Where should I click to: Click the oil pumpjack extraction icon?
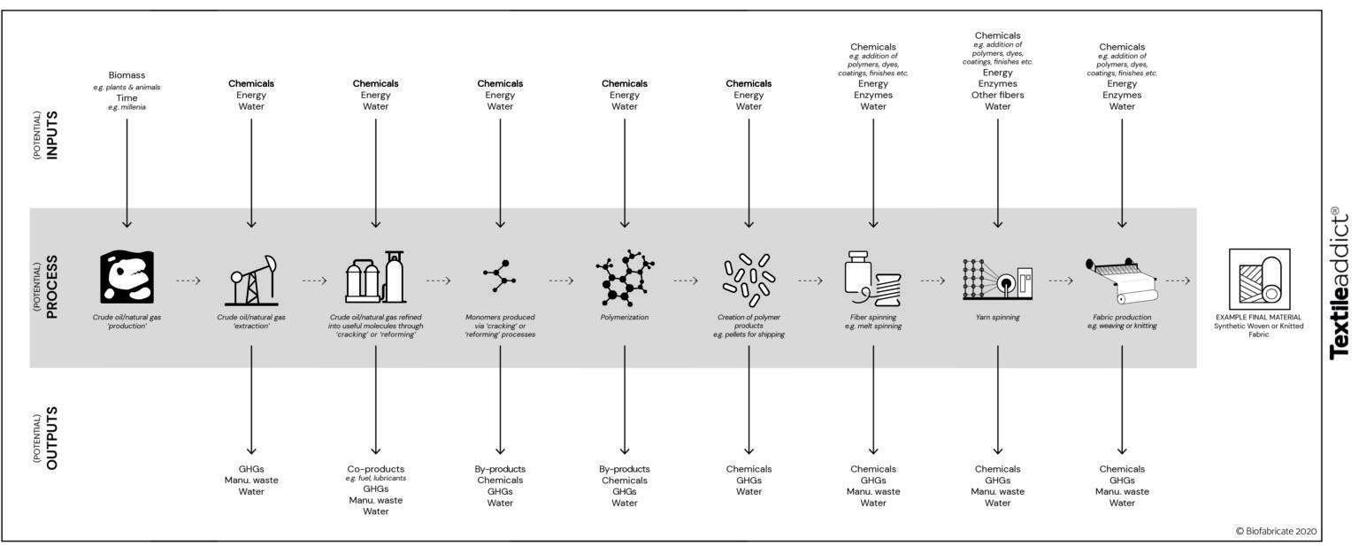click(x=251, y=280)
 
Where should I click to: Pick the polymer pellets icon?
click(x=749, y=277)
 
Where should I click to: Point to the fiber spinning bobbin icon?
click(x=873, y=279)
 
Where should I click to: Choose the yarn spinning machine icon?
click(x=997, y=279)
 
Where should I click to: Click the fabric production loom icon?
click(x=1122, y=279)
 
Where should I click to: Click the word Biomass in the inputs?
click(x=127, y=75)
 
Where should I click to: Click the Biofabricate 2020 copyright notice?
click(x=1276, y=531)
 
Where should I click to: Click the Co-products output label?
click(x=375, y=469)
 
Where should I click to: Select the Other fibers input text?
click(x=997, y=95)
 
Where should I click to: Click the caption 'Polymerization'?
click(x=625, y=317)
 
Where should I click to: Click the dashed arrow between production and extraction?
click(x=188, y=281)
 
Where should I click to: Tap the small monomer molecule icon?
click(x=500, y=276)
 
